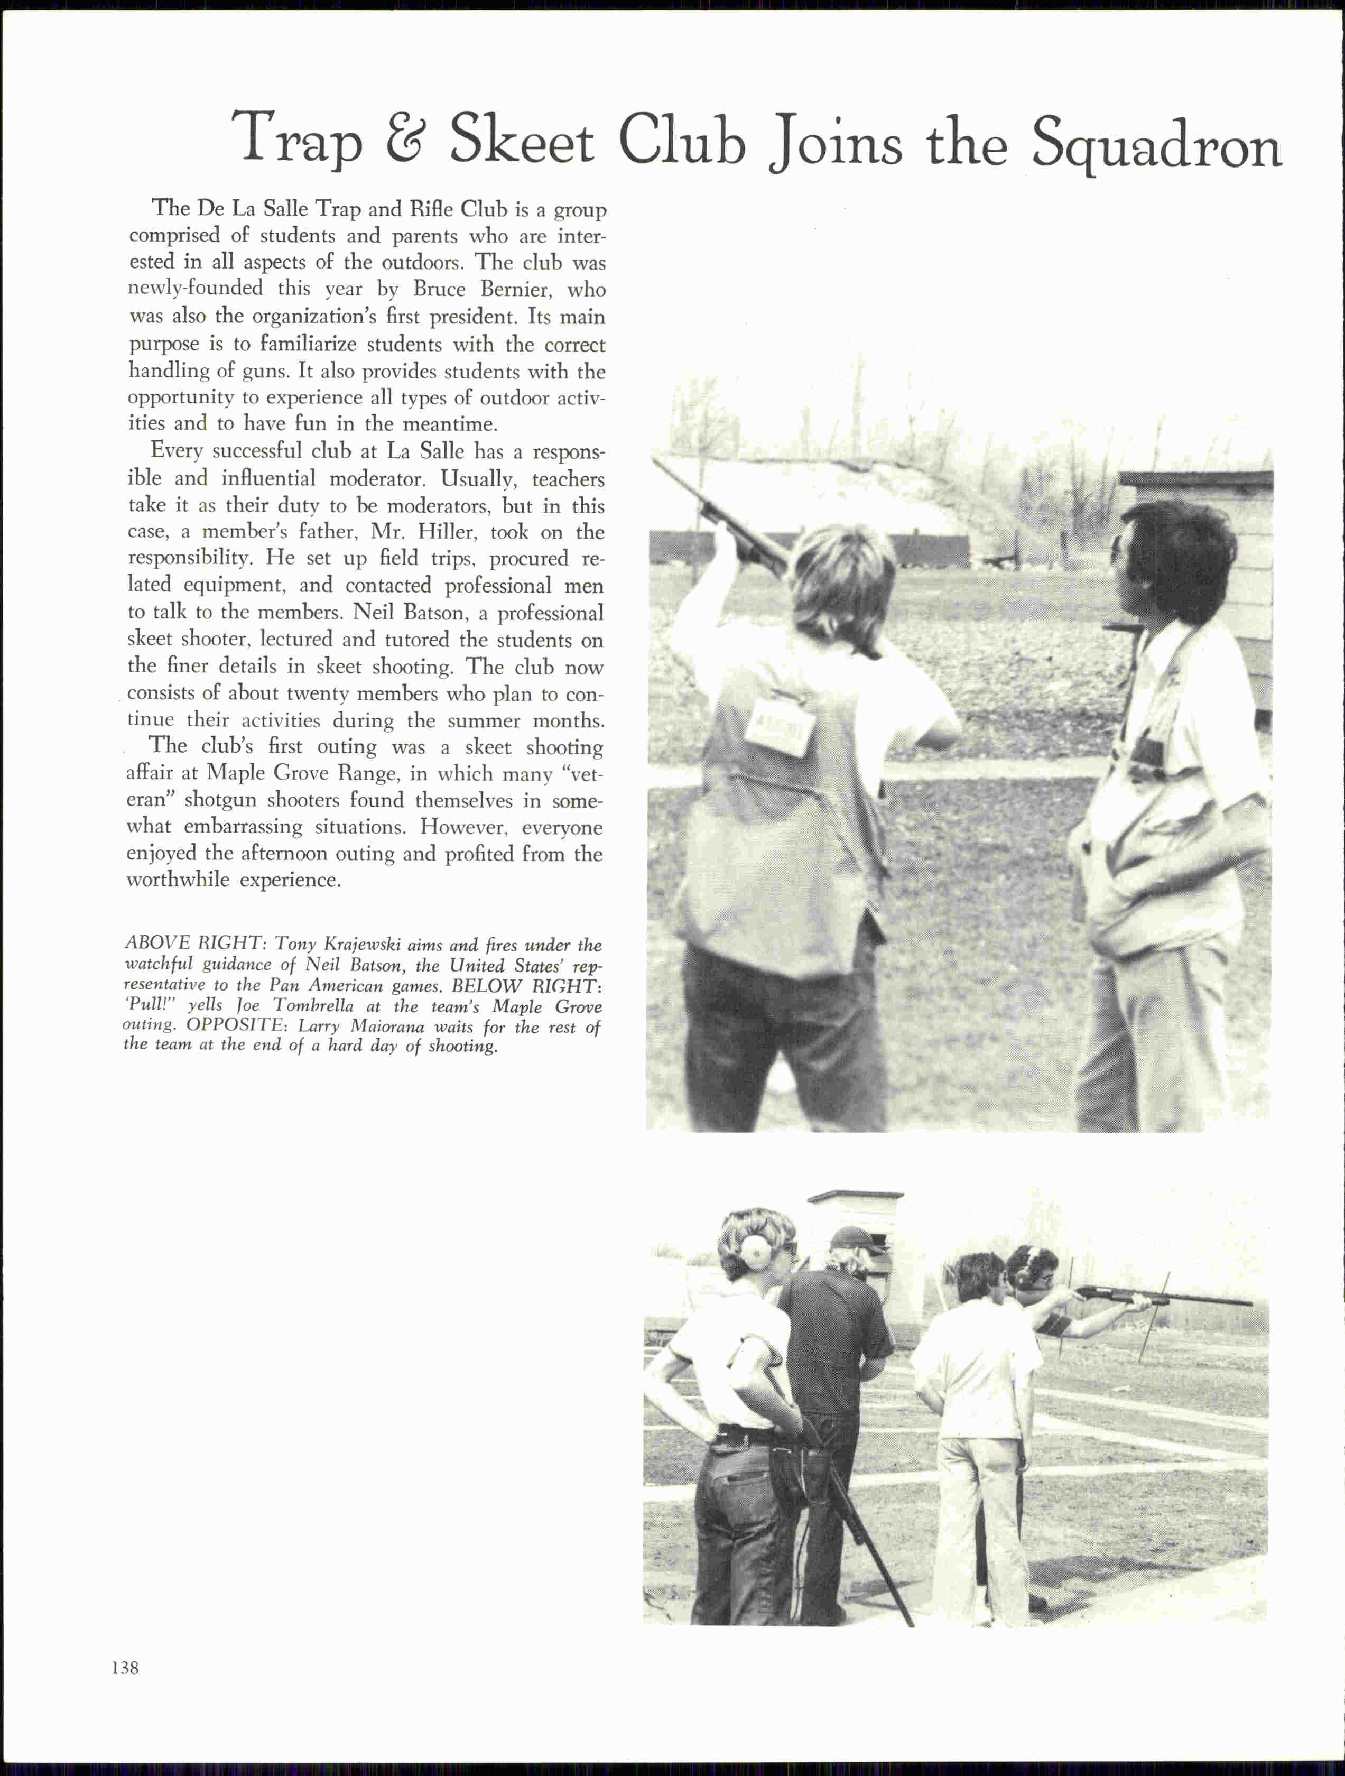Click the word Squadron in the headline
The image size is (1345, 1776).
click(1156, 143)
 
